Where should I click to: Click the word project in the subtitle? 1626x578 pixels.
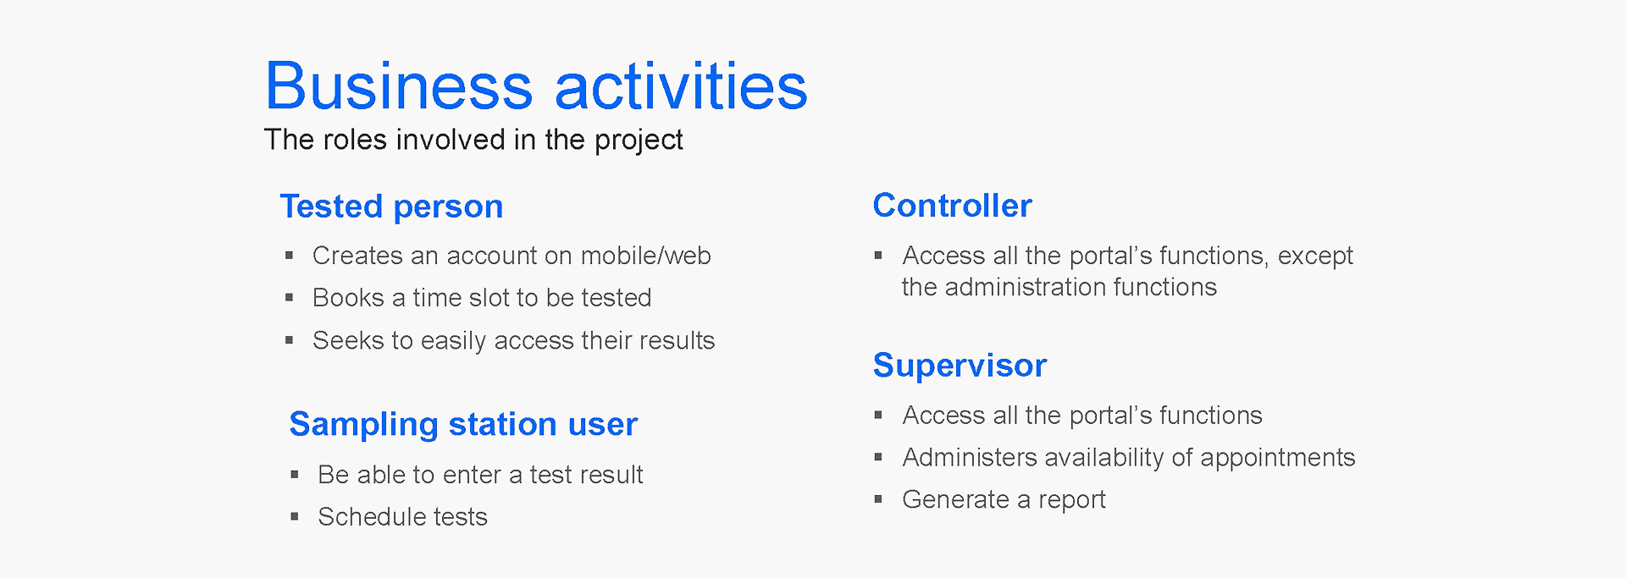(639, 140)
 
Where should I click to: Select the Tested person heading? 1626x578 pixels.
(391, 206)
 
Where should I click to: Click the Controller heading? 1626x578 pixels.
(952, 206)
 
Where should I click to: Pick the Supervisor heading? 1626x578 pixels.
(960, 366)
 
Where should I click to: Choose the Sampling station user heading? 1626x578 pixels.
(463, 424)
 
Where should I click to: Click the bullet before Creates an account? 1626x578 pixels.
(289, 256)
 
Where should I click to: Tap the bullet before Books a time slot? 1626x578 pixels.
(289, 298)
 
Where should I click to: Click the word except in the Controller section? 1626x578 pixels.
(1315, 256)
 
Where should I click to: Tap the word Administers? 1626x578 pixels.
(970, 458)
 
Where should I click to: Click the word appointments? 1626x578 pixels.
(1277, 459)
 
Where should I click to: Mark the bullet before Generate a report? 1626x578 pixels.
(878, 500)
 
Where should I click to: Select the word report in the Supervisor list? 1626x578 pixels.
(1072, 500)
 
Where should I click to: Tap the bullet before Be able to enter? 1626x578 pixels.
(294, 475)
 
